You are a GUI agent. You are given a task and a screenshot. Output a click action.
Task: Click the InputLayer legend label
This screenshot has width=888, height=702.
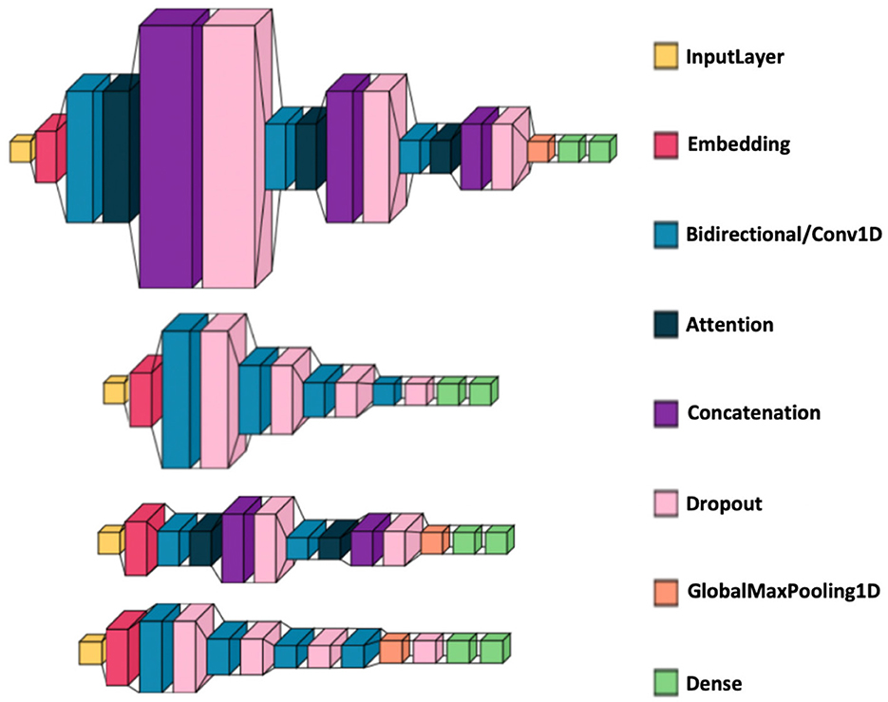pos(735,58)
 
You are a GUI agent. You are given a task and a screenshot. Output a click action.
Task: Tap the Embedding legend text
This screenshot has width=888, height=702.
pos(739,145)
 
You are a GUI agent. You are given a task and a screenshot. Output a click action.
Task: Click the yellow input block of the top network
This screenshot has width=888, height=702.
pos(21,150)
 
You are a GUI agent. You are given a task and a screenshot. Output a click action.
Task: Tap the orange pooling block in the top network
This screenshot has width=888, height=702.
pos(538,150)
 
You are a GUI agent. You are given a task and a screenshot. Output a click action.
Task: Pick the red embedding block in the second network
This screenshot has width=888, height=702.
pos(142,396)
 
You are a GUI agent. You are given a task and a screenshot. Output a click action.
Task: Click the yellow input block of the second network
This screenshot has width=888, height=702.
pos(114,390)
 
